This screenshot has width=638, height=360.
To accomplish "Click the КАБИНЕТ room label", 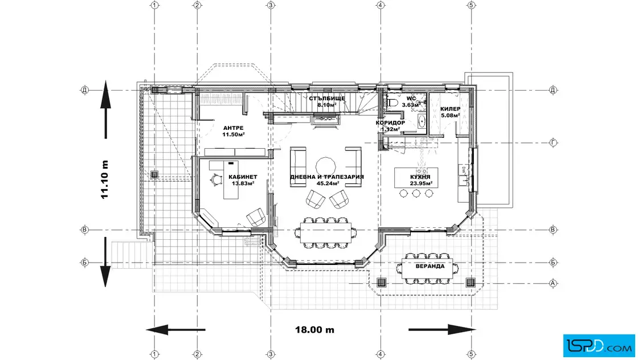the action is [x=243, y=177].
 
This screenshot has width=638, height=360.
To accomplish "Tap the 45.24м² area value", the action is [x=328, y=183].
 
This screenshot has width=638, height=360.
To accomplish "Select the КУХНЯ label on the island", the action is [x=420, y=177].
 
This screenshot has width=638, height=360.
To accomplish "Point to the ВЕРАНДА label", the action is [x=430, y=267].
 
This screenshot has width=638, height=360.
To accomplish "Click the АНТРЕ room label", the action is [x=233, y=128].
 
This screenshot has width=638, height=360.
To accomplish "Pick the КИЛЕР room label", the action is [x=451, y=109].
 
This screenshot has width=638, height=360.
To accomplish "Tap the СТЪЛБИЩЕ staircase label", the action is [x=327, y=99].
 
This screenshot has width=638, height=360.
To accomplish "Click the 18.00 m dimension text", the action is [x=314, y=329].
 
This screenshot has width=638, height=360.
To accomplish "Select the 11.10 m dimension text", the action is [x=105, y=179].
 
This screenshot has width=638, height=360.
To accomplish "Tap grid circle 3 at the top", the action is [x=271, y=5].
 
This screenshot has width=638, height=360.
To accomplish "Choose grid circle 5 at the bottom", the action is [x=471, y=354].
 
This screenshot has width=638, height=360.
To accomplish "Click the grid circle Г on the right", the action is [x=553, y=143].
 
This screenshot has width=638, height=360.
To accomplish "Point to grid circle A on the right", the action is [x=553, y=283].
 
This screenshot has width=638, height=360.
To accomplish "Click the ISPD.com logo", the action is [x=599, y=346].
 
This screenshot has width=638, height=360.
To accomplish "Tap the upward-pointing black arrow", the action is [x=105, y=109].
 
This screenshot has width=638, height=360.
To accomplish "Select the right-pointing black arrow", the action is [x=441, y=329].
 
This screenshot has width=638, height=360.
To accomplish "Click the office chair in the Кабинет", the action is [x=215, y=179].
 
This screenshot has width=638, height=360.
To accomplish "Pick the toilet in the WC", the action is [x=391, y=103].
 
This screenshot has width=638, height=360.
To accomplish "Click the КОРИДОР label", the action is [x=390, y=123].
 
